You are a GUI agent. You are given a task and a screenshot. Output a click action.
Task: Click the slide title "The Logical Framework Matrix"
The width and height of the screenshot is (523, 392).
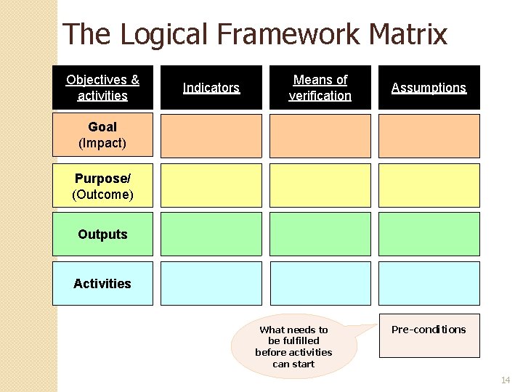pyautogui.click(x=255, y=34)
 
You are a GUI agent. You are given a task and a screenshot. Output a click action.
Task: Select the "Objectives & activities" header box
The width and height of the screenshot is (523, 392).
pyautogui.click(x=102, y=88)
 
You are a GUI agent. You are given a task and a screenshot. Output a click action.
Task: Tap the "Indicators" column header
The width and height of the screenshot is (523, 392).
pyautogui.click(x=211, y=88)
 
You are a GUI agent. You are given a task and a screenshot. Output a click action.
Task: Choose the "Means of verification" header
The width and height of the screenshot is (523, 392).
pyautogui.click(x=320, y=88)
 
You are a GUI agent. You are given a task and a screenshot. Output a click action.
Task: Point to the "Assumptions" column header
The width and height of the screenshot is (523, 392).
pyautogui.click(x=429, y=88)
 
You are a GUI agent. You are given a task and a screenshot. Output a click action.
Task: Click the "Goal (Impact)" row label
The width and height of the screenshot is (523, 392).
pyautogui.click(x=102, y=135)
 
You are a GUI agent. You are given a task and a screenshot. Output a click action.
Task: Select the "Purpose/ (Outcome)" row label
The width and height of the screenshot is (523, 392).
pyautogui.click(x=102, y=186)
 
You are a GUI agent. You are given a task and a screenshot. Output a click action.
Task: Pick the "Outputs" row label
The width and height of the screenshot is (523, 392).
pyautogui.click(x=102, y=234)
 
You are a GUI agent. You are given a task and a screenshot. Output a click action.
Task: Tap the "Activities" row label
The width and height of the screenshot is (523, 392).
pyautogui.click(x=102, y=283)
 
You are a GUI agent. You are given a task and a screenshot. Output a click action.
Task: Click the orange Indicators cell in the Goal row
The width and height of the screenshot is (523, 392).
pyautogui.click(x=211, y=136)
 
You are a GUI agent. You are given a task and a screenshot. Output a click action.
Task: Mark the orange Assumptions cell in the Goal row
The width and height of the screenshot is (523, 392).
pyautogui.click(x=429, y=136)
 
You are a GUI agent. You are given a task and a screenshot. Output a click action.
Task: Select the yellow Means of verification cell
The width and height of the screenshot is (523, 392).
pyautogui.click(x=320, y=185)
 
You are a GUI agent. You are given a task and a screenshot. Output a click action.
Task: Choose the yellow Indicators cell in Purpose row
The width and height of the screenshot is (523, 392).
pyautogui.click(x=211, y=185)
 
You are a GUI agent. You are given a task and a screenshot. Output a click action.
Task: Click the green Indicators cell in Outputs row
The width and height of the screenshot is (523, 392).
pyautogui.click(x=211, y=234)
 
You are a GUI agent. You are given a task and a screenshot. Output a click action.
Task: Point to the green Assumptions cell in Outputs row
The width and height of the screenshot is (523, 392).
pyautogui.click(x=429, y=234)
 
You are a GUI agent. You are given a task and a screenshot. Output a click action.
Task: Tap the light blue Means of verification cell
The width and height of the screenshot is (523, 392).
pyautogui.click(x=320, y=283)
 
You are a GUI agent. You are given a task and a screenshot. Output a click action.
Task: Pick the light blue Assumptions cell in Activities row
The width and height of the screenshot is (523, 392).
pyautogui.click(x=429, y=283)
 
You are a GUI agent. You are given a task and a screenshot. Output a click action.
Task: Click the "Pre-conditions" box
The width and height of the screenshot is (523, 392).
pyautogui.click(x=429, y=335)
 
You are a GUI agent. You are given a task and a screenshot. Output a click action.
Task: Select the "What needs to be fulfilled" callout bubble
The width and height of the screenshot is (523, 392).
pyautogui.click(x=293, y=347)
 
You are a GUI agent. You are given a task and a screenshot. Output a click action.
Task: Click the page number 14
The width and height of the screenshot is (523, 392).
pyautogui.click(x=506, y=380)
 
